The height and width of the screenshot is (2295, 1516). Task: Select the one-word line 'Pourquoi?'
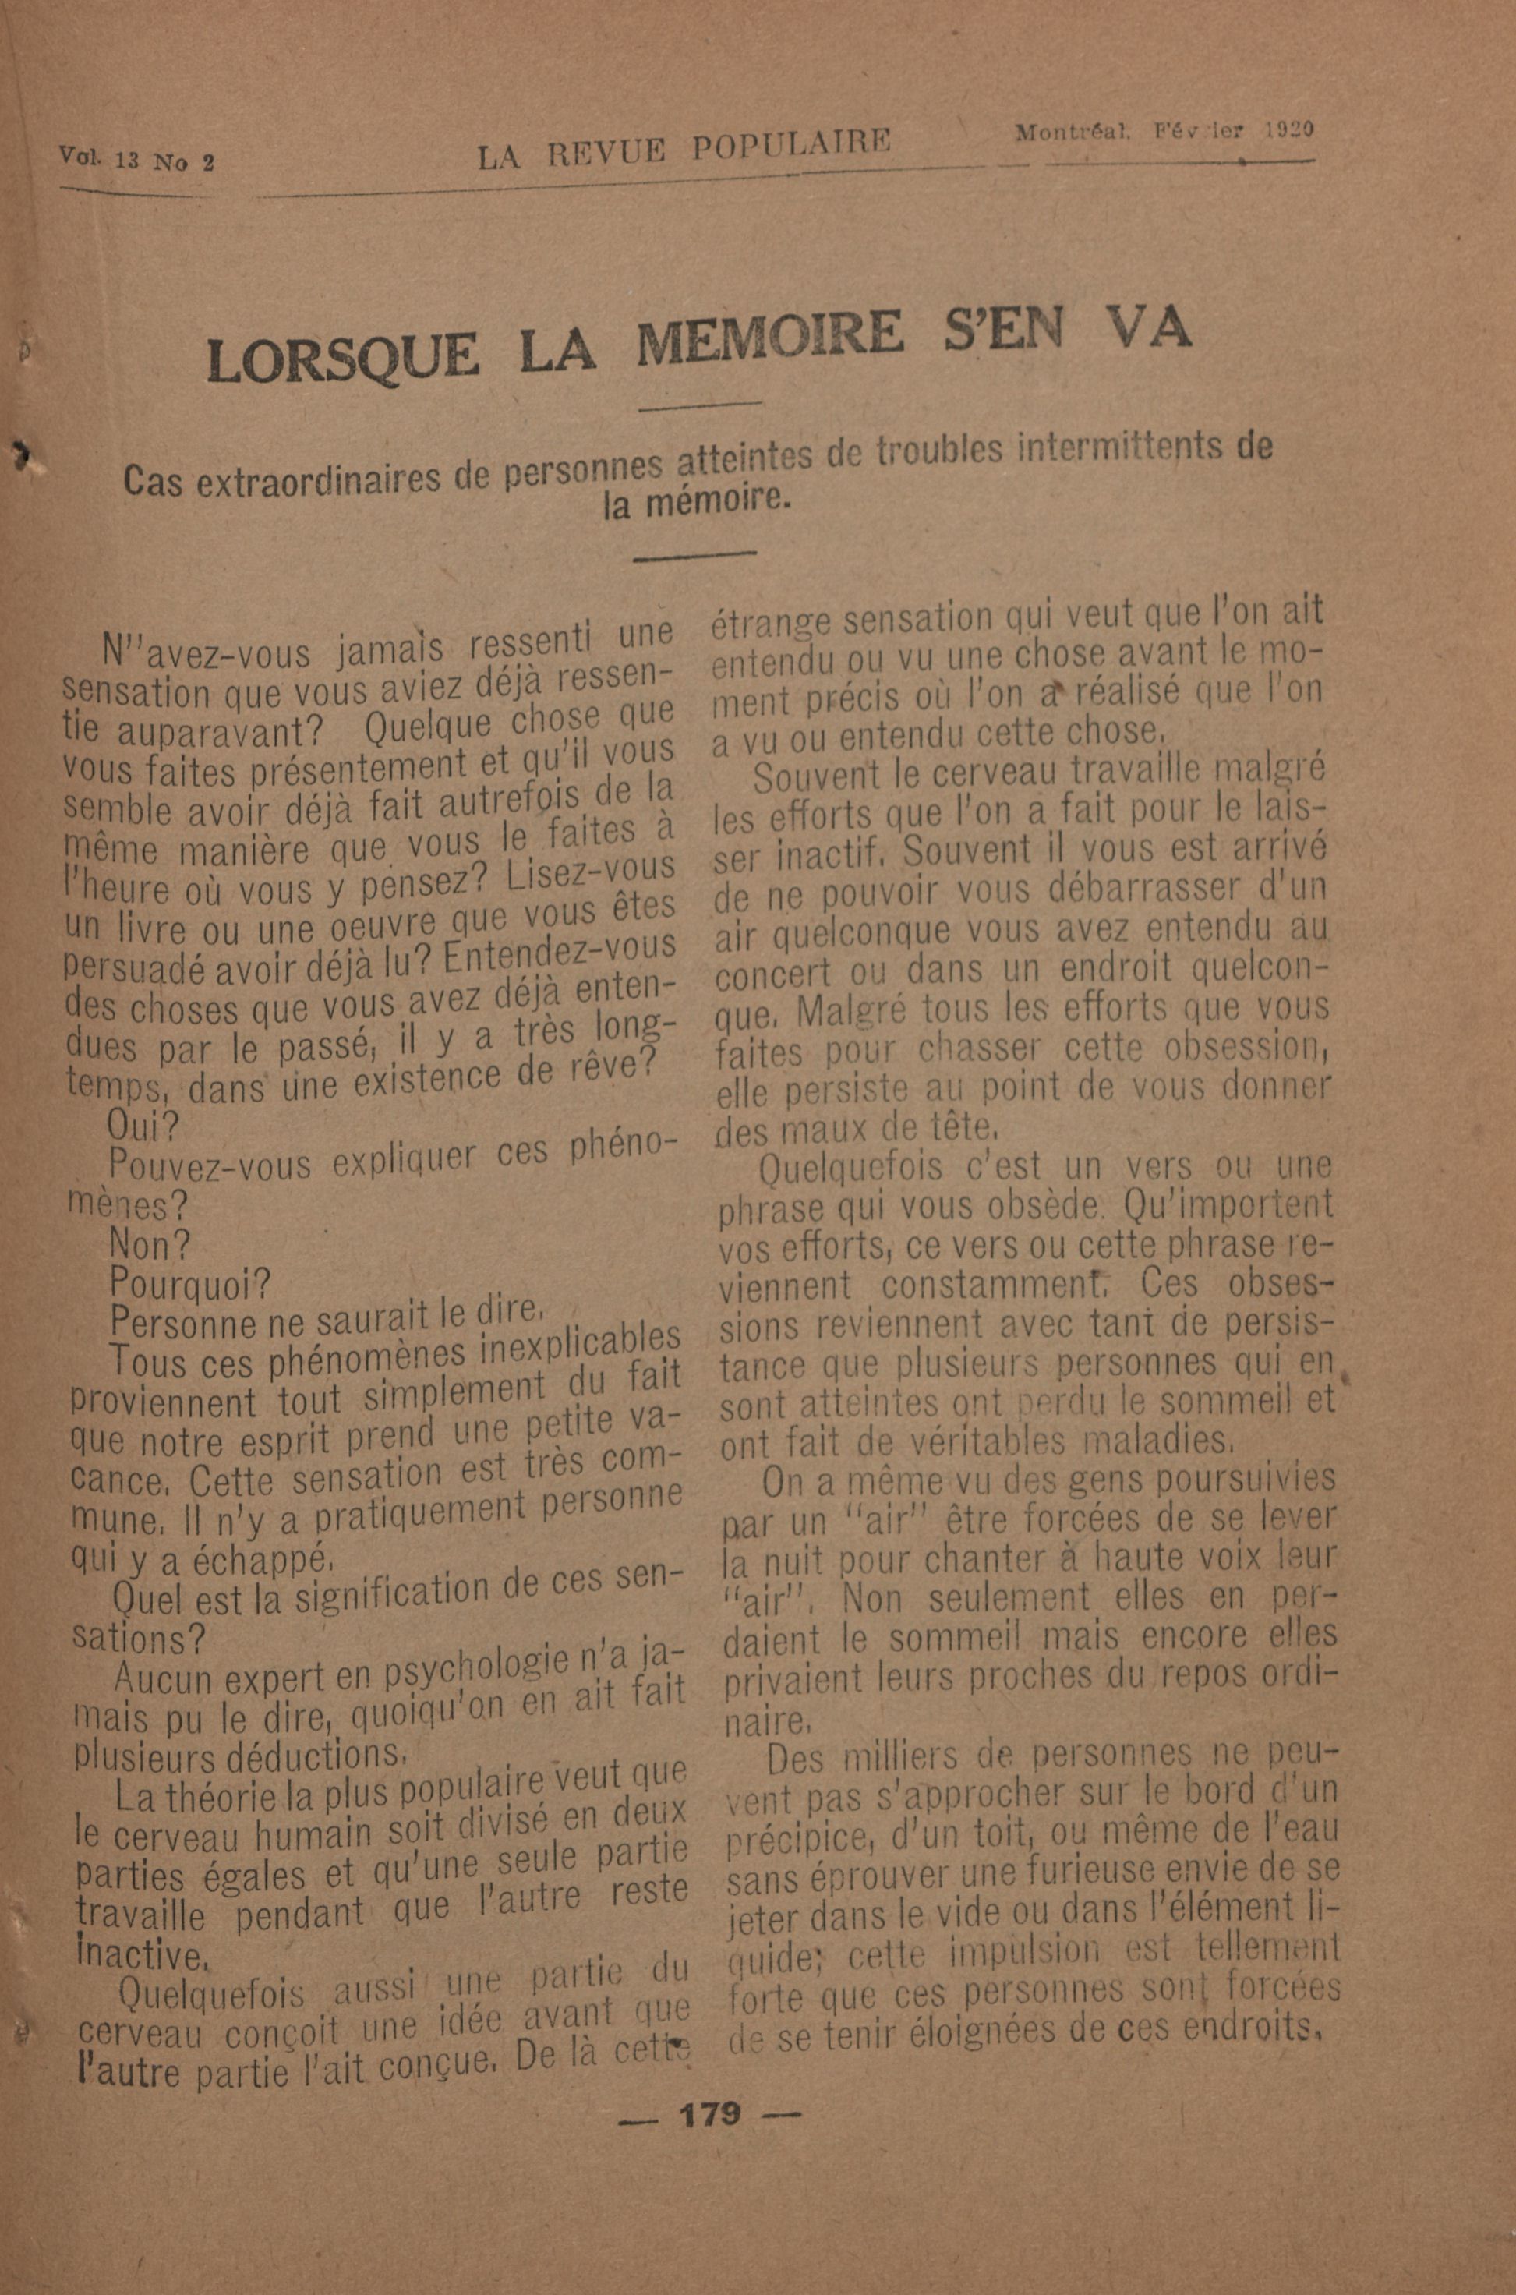190,1283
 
